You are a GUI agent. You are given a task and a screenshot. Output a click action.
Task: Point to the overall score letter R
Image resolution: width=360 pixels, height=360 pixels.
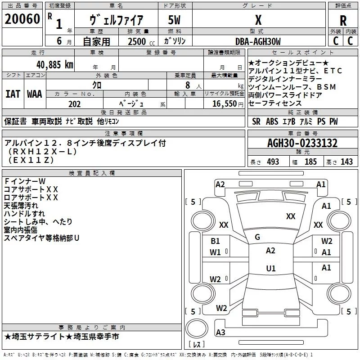[343, 20]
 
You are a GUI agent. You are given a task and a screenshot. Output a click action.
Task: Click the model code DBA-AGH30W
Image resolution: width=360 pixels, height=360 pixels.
[258, 41]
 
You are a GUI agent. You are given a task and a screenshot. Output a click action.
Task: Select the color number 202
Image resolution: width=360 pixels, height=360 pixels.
[75, 104]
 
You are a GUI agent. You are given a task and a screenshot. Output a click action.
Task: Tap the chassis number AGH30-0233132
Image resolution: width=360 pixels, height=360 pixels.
[302, 143]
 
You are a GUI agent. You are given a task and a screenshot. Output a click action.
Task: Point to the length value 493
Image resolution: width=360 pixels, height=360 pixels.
[272, 162]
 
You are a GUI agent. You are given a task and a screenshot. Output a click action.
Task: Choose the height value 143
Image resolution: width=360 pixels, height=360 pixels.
[346, 162]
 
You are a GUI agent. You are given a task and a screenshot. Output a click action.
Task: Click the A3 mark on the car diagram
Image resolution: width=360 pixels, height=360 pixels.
[220, 332]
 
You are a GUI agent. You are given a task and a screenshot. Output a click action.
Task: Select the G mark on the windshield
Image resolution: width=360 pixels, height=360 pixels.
[257, 237]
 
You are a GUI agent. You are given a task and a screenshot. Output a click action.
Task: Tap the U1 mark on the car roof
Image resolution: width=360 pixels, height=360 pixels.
[270, 269]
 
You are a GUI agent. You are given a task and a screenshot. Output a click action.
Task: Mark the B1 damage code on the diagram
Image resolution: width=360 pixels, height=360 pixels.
[216, 241]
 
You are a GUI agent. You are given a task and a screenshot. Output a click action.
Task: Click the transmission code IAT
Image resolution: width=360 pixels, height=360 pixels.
[13, 94]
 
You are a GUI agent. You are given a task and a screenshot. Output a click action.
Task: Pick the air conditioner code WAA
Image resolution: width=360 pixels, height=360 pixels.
[34, 94]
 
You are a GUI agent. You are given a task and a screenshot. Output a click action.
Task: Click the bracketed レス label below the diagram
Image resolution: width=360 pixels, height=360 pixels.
[196, 345]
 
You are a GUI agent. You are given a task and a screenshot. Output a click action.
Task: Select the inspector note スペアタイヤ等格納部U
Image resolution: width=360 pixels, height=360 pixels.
[41, 238]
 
